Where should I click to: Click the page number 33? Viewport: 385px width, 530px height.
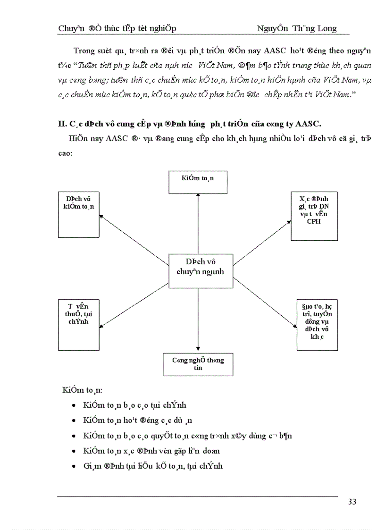pyautogui.click(x=352, y=502)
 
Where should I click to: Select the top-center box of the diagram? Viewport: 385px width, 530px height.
pyautogui.click(x=198, y=183)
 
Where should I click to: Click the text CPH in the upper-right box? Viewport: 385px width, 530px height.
pyautogui.click(x=313, y=221)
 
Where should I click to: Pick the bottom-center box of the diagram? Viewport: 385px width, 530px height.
pyautogui.click(x=198, y=364)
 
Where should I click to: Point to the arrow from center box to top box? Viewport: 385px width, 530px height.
pyautogui.click(x=198, y=224)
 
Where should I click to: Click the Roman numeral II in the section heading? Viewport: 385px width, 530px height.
pyautogui.click(x=61, y=124)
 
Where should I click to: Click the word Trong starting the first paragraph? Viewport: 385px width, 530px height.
pyautogui.click(x=84, y=51)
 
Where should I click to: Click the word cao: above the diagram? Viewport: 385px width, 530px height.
pyautogui.click(x=65, y=154)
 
